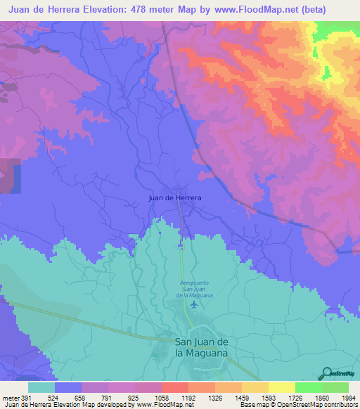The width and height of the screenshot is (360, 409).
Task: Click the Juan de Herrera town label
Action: (x=175, y=198)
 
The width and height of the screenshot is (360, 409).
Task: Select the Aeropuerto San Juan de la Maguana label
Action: (x=191, y=289)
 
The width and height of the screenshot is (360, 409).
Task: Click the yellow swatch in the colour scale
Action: (x=281, y=387)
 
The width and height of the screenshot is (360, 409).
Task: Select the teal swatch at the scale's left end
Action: (x=41, y=387)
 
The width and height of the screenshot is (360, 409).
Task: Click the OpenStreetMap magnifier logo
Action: (x=326, y=372)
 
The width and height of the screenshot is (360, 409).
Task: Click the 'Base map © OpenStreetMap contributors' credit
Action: (x=298, y=405)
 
